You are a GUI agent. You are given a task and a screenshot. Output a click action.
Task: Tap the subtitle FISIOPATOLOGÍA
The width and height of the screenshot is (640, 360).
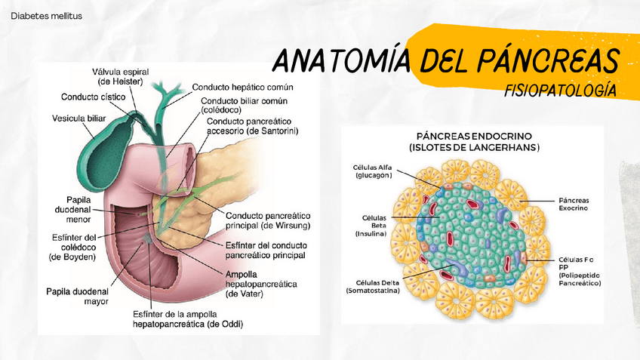(x=560, y=91)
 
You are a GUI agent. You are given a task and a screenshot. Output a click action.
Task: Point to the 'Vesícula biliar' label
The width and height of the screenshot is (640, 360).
(x=79, y=118)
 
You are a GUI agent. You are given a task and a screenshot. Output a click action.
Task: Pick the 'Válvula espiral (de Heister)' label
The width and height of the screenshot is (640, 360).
(x=122, y=75)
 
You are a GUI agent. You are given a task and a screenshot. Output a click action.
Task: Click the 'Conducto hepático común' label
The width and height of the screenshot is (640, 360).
(x=242, y=87)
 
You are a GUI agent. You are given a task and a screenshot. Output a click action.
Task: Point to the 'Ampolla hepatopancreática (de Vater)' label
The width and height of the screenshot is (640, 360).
(x=260, y=283)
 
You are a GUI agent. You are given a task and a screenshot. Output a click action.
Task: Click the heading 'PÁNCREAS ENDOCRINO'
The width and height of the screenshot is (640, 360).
(x=474, y=136)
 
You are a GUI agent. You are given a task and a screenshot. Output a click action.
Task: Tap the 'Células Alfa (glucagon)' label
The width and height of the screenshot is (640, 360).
(x=372, y=171)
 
